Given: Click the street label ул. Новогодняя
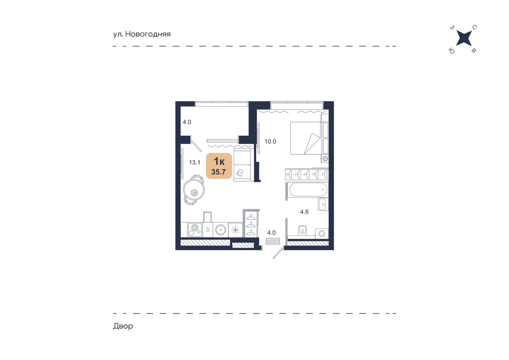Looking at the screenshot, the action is [142, 34].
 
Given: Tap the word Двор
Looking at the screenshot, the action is [123, 326].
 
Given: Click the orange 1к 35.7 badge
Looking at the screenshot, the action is [219, 166].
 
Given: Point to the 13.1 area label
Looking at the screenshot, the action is [195, 163].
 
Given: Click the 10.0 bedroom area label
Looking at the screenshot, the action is [270, 142].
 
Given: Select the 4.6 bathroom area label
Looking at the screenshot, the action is [304, 212].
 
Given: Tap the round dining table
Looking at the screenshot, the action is [194, 189].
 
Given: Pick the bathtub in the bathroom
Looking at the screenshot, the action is [308, 190].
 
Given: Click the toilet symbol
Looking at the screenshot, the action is [302, 230].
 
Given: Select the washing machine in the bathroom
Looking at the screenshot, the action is [322, 234].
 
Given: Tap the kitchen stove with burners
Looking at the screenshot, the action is [195, 230].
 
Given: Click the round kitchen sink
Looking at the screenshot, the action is [220, 230].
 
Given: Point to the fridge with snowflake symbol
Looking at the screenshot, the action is [235, 230].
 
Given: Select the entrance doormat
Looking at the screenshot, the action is [273, 241].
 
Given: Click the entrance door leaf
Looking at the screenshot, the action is [278, 253].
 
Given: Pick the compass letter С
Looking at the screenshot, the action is [475, 27].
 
